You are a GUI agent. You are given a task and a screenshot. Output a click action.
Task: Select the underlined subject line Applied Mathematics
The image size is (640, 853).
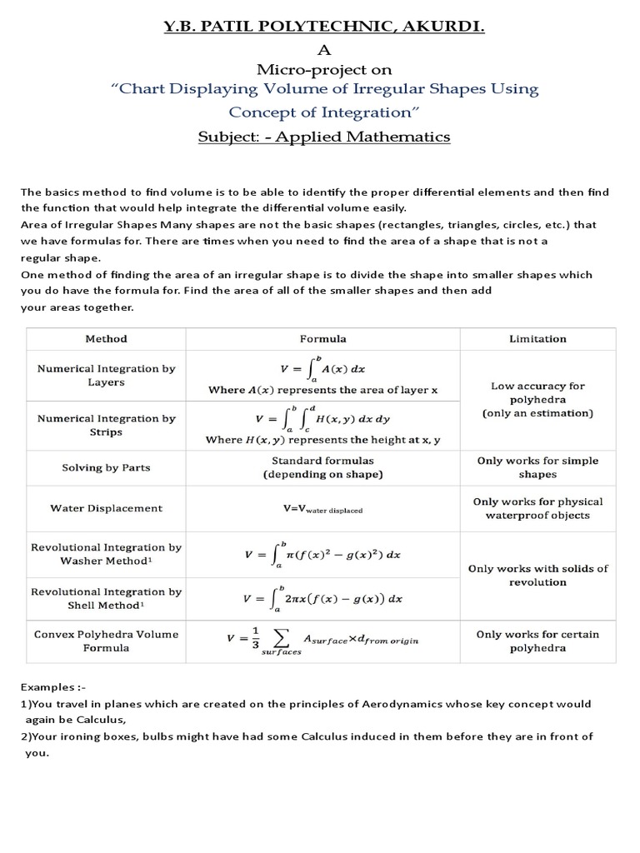point(324,137)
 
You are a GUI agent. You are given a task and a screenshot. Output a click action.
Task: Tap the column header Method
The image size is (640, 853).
point(107,339)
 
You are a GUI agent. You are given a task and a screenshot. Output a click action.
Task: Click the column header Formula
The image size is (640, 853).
point(323,339)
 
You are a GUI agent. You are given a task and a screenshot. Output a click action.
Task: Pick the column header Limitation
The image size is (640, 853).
point(537,339)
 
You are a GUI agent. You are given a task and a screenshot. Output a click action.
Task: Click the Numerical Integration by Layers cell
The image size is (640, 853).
point(107,376)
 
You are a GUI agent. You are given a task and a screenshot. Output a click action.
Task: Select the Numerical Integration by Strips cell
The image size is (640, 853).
point(107,426)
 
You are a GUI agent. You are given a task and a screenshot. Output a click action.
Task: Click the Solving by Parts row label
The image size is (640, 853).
point(107,468)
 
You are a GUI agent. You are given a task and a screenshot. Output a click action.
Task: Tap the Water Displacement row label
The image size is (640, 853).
point(107,508)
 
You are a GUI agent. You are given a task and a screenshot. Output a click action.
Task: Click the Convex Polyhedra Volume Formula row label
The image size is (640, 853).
point(107,641)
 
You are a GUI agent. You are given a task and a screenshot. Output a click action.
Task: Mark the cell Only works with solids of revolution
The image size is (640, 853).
point(537,576)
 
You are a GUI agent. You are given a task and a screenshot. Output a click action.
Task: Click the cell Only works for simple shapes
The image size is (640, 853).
point(537,467)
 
